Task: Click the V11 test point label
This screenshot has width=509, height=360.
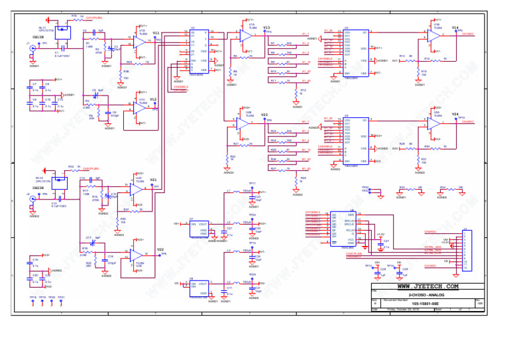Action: [x=156, y=33]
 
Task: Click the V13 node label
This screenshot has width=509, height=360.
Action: [x=266, y=28]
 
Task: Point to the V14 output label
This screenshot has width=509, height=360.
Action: [x=455, y=28]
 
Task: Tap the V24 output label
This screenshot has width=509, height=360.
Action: [x=455, y=115]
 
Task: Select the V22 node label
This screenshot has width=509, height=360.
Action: [x=160, y=249]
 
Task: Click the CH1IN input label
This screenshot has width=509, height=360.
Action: [x=38, y=37]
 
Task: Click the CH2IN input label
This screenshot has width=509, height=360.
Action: [x=38, y=188]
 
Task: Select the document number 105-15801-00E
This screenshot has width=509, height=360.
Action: [x=424, y=304]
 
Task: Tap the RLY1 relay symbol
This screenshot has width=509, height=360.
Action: [x=63, y=29]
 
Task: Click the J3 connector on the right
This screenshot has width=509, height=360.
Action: [x=467, y=249]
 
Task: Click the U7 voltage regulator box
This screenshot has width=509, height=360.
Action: [x=199, y=228]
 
